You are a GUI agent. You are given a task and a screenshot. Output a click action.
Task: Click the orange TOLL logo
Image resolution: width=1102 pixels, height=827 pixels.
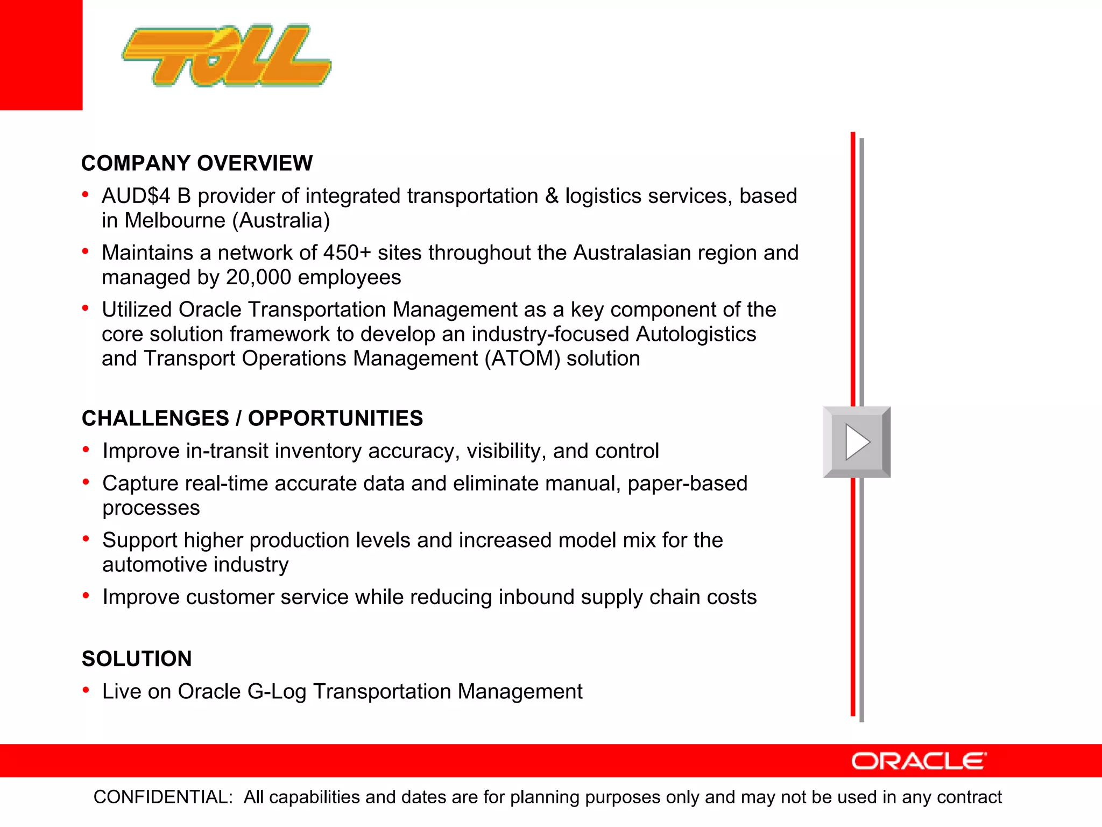tap(226, 56)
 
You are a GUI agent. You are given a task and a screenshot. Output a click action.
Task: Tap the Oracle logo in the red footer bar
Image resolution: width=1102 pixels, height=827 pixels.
tap(919, 761)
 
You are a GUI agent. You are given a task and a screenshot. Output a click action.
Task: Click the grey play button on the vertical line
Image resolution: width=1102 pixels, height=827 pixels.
tap(857, 442)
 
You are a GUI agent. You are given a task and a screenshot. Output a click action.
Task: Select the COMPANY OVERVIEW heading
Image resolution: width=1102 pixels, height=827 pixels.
tap(197, 163)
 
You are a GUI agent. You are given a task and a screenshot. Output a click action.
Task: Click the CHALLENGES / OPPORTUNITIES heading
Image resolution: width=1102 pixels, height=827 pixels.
tap(252, 418)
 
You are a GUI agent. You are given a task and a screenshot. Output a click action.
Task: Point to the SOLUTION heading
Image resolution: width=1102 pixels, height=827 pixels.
tap(137, 658)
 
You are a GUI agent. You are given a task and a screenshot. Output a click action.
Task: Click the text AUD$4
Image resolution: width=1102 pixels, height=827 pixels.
tap(136, 196)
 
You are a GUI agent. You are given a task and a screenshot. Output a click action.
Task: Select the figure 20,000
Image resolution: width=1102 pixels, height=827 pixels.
tap(258, 277)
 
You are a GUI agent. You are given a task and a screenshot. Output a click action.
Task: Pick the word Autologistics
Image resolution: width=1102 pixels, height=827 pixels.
tap(696, 334)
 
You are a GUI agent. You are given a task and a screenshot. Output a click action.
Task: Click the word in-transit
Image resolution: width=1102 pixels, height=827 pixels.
tap(227, 451)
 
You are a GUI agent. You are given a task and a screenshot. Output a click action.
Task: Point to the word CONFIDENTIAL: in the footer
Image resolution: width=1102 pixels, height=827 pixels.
tap(163, 797)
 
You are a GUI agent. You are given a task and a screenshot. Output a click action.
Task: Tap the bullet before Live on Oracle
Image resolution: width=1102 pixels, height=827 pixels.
tap(86, 690)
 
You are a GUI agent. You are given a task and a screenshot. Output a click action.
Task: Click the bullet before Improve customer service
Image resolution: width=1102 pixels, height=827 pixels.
tap(86, 595)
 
